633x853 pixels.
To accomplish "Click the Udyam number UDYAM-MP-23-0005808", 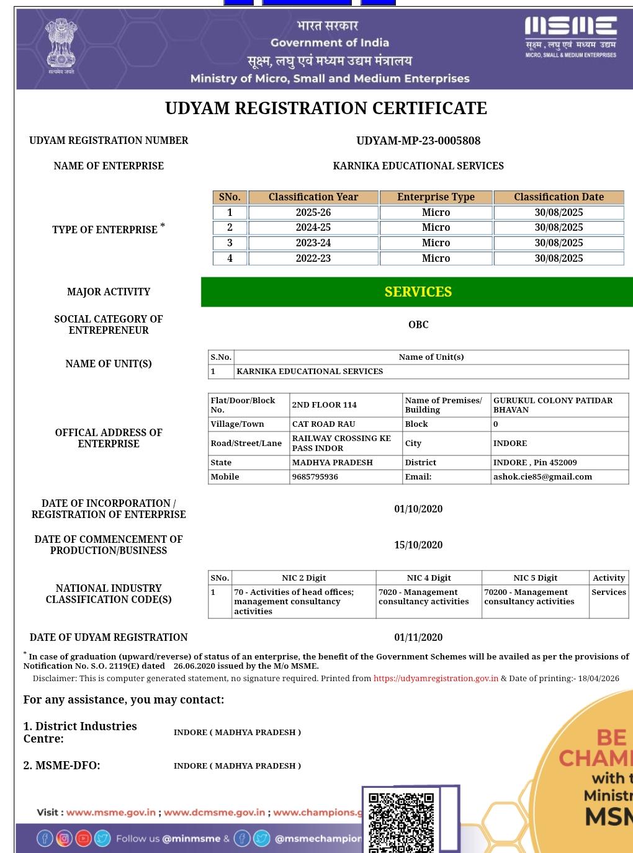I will click(x=418, y=141).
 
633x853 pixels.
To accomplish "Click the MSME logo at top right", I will click(x=570, y=37).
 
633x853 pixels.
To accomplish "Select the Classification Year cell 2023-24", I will click(x=313, y=243).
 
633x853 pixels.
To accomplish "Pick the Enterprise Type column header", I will click(x=436, y=197).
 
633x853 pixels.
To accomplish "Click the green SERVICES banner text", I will click(x=418, y=292).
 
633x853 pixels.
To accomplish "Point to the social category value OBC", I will click(x=418, y=324).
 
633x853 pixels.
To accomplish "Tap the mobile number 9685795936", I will click(x=315, y=477).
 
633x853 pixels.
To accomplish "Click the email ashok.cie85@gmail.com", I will click(x=542, y=477).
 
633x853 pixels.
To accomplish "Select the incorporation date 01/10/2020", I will click(x=418, y=509).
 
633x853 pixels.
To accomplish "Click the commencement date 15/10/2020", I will click(x=418, y=545).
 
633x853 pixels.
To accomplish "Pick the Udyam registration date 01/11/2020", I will click(x=418, y=638).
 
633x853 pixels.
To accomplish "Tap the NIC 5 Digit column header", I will click(x=535, y=578).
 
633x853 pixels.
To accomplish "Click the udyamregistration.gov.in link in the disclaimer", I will click(x=436, y=679).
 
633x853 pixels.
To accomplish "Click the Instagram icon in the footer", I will click(x=64, y=839).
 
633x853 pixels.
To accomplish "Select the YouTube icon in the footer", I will click(x=83, y=839).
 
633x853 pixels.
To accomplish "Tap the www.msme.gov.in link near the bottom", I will click(x=111, y=813).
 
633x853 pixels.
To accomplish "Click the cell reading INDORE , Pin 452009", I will click(x=535, y=463).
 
